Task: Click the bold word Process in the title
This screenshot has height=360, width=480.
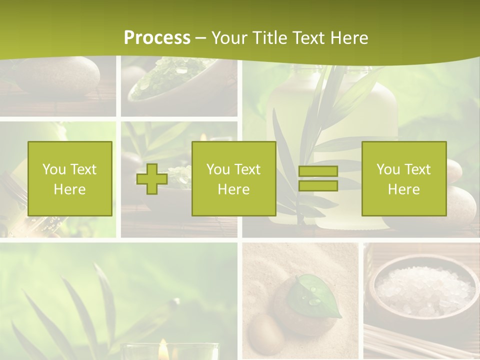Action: pyautogui.click(x=157, y=38)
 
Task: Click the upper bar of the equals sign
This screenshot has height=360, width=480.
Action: pyautogui.click(x=318, y=171)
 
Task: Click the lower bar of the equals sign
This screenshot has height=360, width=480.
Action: pyautogui.click(x=318, y=185)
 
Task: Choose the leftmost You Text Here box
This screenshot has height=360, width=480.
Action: pyautogui.click(x=70, y=178)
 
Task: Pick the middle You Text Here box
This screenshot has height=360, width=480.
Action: pyautogui.click(x=233, y=178)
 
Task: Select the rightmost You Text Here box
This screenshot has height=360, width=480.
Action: pyautogui.click(x=403, y=178)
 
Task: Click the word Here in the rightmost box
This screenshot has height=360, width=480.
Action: pyautogui.click(x=403, y=189)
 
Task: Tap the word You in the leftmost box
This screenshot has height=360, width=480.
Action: pyautogui.click(x=54, y=169)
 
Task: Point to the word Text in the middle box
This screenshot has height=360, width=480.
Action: pyautogui.click(x=246, y=169)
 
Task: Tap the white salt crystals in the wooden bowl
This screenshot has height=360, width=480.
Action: pyautogui.click(x=424, y=289)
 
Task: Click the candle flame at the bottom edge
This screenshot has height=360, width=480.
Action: pyautogui.click(x=163, y=350)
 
